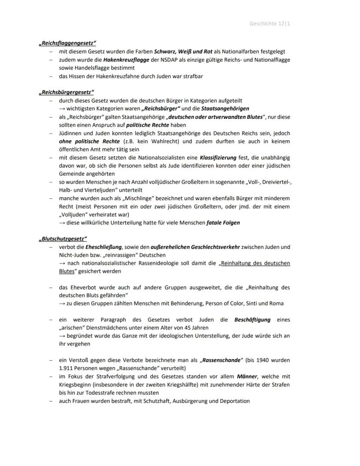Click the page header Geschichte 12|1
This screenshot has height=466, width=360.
click(x=270, y=23)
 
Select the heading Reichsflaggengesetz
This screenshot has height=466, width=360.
click(x=67, y=43)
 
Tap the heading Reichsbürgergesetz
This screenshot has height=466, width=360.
click(x=66, y=92)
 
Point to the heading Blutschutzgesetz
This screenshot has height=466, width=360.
click(x=63, y=239)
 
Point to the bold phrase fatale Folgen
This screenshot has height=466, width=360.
click(x=223, y=223)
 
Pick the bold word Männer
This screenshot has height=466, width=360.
click(x=247, y=377)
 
